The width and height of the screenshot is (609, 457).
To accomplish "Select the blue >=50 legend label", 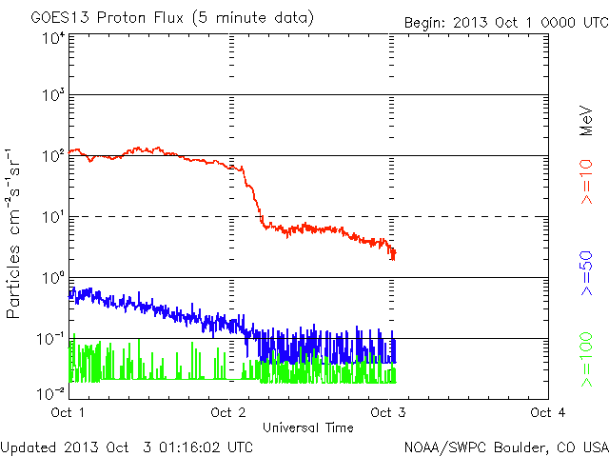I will coord(587,272).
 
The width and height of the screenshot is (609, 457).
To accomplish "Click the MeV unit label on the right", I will coord(587,123).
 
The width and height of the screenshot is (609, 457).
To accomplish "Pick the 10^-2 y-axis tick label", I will coord(51,391).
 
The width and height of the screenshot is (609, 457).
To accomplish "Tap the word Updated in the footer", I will coord(30,447).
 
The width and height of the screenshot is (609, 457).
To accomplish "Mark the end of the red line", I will coord(394,254).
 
